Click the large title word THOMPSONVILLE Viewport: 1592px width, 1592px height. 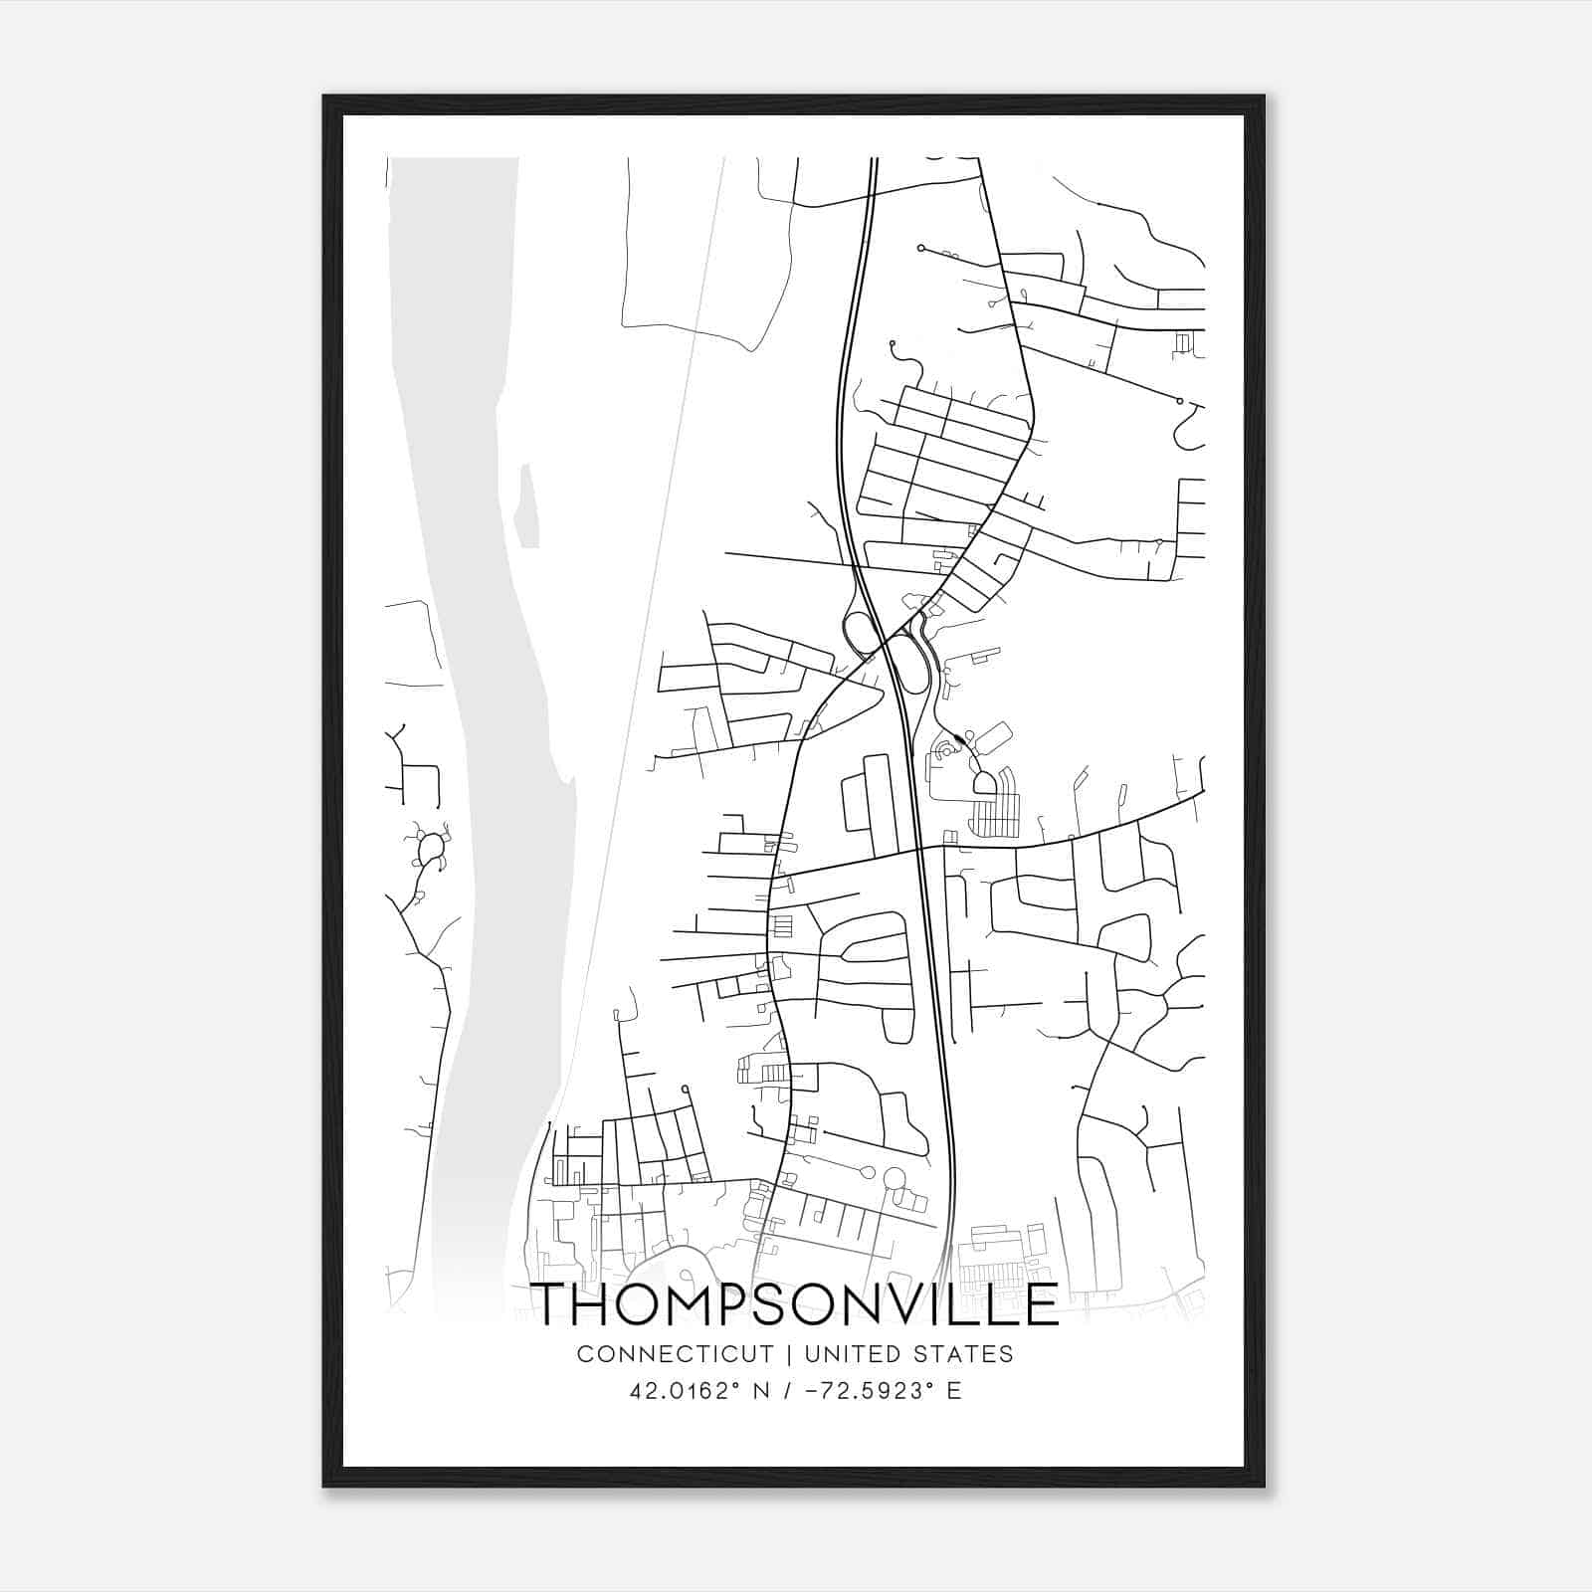[x=796, y=1303]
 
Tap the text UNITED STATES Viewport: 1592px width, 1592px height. [x=908, y=1354]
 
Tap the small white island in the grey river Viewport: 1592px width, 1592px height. [x=527, y=507]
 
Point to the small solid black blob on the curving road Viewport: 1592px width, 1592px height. [x=958, y=738]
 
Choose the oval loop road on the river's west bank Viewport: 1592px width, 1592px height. [x=431, y=849]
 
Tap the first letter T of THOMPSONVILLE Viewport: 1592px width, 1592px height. [x=555, y=1303]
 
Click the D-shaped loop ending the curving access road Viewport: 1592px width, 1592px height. [x=985, y=783]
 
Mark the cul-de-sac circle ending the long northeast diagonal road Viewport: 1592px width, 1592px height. [x=1179, y=401]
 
